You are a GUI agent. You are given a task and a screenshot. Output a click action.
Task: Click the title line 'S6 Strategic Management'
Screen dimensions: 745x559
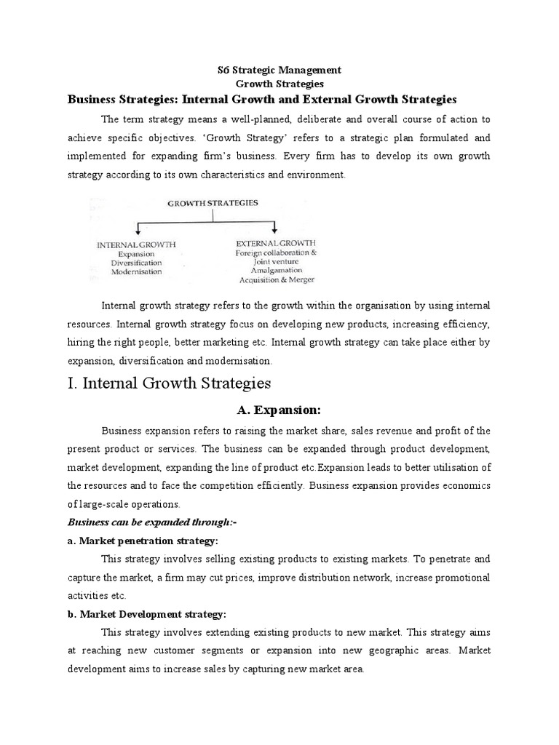(279, 70)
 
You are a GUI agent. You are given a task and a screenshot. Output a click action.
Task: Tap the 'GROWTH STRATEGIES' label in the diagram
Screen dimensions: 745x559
(213, 204)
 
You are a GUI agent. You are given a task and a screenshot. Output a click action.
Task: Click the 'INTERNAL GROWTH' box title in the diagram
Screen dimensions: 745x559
(137, 244)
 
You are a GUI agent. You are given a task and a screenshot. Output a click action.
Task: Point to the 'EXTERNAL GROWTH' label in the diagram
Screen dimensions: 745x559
(276, 242)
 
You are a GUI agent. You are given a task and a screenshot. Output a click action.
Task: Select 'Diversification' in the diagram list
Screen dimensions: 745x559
(137, 262)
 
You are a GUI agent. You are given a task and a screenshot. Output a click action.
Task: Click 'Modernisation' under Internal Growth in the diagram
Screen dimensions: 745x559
(137, 271)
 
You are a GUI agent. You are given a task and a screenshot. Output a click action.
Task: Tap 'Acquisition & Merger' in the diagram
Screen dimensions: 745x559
(276, 279)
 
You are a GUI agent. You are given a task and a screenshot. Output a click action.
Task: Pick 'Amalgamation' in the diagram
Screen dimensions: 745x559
(276, 270)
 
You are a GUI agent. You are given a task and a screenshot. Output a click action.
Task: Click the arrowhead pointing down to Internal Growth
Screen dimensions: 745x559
(138, 231)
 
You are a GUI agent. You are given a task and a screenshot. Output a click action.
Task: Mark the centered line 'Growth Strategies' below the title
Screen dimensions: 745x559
(279, 84)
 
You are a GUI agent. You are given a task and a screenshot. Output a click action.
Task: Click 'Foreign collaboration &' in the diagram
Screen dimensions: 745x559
(276, 252)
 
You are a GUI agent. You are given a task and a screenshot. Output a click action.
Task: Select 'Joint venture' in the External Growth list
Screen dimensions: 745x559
(276, 261)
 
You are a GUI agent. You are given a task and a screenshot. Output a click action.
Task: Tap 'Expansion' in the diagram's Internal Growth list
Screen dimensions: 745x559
(137, 253)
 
